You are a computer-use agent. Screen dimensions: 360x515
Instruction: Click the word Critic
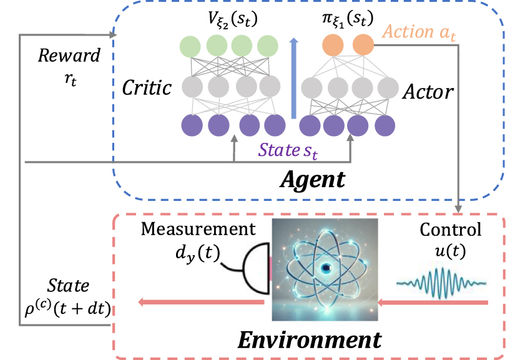147,87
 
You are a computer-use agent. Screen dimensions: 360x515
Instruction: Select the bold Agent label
311,180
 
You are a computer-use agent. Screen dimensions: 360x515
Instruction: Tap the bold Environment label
310,341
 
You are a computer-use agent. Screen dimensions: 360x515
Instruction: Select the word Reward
69,56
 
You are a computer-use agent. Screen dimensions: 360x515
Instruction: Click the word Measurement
198,229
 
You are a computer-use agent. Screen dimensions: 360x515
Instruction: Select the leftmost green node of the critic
189,46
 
